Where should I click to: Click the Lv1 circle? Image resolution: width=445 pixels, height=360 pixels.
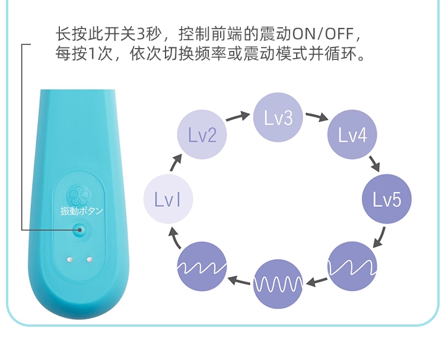[168, 199]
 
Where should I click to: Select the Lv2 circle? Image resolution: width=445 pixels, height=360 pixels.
[202, 135]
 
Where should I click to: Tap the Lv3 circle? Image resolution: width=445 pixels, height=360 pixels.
[278, 118]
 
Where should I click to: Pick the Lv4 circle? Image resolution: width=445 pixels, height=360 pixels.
[352, 135]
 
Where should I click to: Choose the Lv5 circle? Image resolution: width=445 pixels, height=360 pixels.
[387, 199]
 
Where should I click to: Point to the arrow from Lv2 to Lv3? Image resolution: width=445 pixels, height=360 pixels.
[237, 116]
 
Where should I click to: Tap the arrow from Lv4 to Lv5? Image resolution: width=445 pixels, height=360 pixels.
[374, 162]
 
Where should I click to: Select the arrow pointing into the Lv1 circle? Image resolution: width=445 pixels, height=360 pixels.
[175, 238]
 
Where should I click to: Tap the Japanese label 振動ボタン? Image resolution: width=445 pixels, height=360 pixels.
[82, 211]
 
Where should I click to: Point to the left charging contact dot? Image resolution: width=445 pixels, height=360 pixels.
[70, 259]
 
